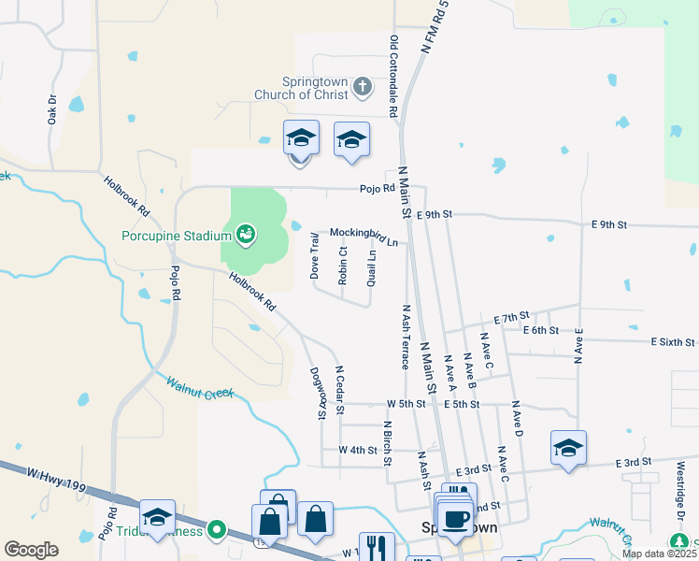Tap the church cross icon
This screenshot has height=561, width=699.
[x=364, y=89]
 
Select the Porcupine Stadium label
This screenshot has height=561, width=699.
[x=177, y=235]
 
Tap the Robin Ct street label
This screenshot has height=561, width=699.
[x=343, y=266]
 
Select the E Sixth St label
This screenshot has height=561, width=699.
[x=673, y=343]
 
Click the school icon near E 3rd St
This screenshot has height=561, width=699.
[x=568, y=448]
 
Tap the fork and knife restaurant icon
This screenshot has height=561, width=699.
[x=377, y=547]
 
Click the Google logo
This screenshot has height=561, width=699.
[x=31, y=550]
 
